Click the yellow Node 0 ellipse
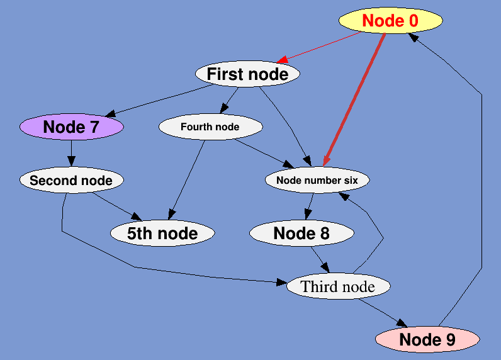(x=390, y=21)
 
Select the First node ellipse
(x=247, y=74)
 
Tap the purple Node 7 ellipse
(x=71, y=127)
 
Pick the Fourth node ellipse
(x=210, y=127)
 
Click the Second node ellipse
(x=71, y=181)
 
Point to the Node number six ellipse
(x=317, y=181)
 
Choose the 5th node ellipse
(x=162, y=233)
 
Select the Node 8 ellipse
(x=301, y=233)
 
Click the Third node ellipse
(x=338, y=287)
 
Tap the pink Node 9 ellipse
(x=427, y=340)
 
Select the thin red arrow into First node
(x=318, y=47)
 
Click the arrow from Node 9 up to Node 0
(x=481, y=189)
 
